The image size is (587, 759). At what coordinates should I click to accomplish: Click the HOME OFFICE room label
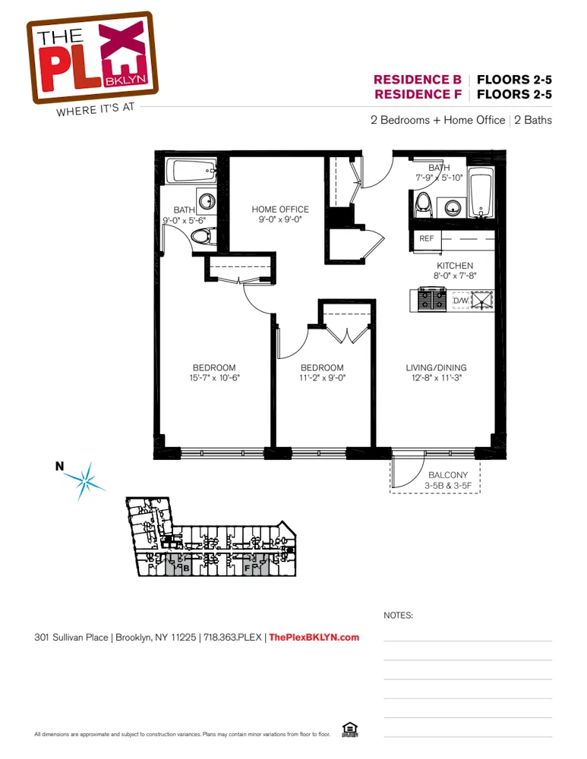click(280, 209)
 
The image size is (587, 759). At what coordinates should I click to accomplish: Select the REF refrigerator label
click(426, 238)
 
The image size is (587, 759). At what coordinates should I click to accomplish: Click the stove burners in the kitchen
click(432, 301)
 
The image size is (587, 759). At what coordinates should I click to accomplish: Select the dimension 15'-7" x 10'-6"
click(213, 377)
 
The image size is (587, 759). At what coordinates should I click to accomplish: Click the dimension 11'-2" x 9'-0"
click(322, 377)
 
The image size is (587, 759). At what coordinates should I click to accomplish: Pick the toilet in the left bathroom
click(201, 238)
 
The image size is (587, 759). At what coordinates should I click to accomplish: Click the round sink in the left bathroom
click(206, 202)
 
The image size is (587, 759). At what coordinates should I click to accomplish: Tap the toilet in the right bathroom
click(424, 203)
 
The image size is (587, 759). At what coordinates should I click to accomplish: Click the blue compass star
click(85, 480)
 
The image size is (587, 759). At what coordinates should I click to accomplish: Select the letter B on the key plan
click(185, 567)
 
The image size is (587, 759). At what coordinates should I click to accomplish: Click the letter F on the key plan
click(248, 567)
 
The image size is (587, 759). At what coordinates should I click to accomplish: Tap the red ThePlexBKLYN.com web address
click(314, 638)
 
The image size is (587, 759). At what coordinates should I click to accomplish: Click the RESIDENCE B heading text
click(417, 80)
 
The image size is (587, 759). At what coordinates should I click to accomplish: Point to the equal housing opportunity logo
click(350, 729)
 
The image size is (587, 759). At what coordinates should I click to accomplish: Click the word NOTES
click(398, 616)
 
